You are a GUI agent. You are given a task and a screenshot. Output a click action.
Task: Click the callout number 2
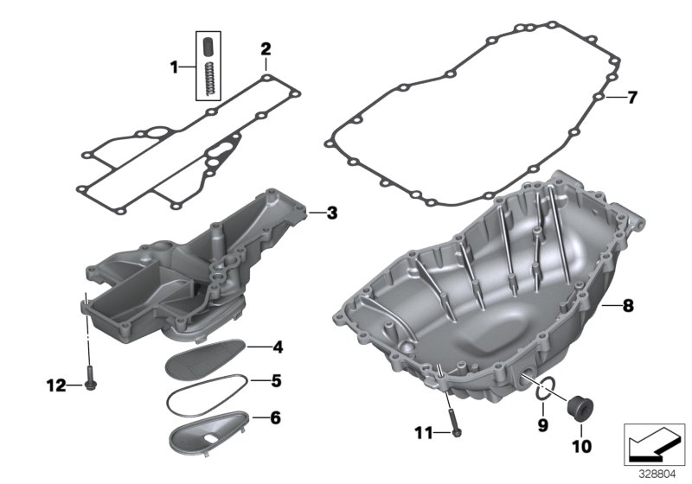[266, 48]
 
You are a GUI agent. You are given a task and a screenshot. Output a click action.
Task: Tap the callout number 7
[631, 98]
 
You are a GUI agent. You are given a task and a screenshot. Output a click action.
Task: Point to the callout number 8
[629, 305]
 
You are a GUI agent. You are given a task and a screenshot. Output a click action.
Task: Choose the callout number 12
[55, 385]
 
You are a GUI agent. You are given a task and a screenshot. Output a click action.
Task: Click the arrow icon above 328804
[655, 445]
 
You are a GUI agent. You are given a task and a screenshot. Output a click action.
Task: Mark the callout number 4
[278, 348]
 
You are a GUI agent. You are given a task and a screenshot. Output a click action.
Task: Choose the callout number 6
[275, 418]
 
